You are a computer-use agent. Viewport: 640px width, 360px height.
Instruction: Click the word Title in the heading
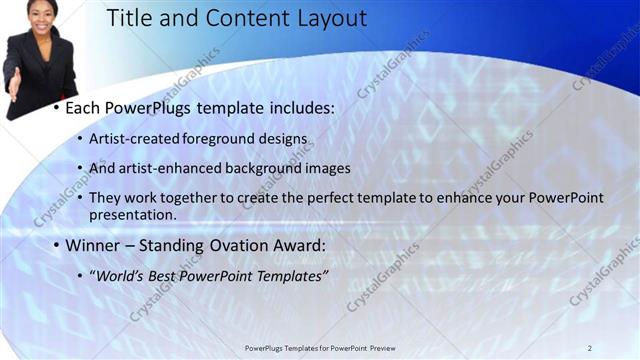pyautogui.click(x=130, y=18)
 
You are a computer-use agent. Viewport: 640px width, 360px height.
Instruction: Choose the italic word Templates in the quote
pyautogui.click(x=291, y=275)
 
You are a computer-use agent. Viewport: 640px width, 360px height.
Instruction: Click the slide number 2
pyautogui.click(x=589, y=348)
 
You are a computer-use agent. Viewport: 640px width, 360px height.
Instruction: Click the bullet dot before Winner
pyautogui.click(x=57, y=245)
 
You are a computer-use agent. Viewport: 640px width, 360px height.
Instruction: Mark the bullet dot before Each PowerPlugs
pyautogui.click(x=57, y=107)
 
